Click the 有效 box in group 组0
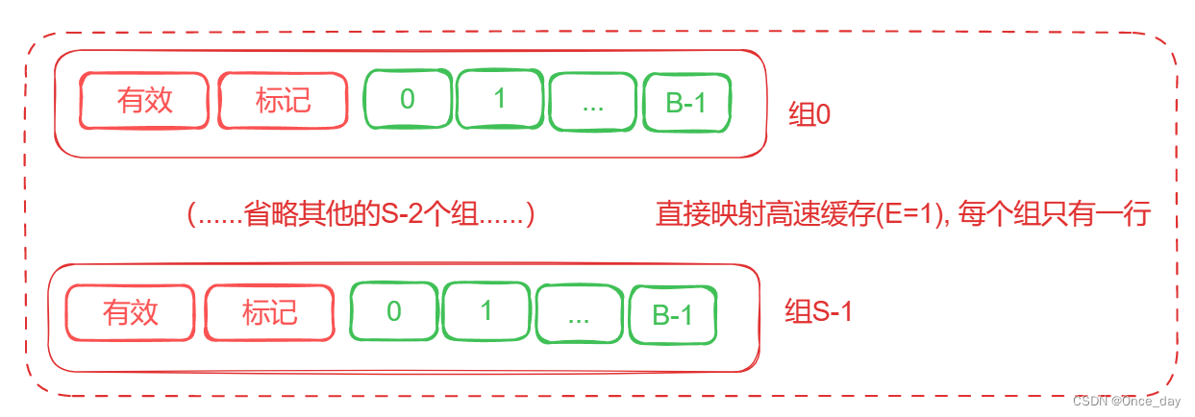[144, 100]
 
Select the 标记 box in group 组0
[283, 100]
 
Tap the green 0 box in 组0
[407, 99]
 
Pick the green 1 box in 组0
[499, 98]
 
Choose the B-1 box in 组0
[686, 102]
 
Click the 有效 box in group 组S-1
[131, 312]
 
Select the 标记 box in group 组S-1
[270, 312]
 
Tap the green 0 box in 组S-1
[393, 311]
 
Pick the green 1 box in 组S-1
[486, 310]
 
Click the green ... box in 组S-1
[579, 313]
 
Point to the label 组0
[809, 115]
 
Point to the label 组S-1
[818, 312]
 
